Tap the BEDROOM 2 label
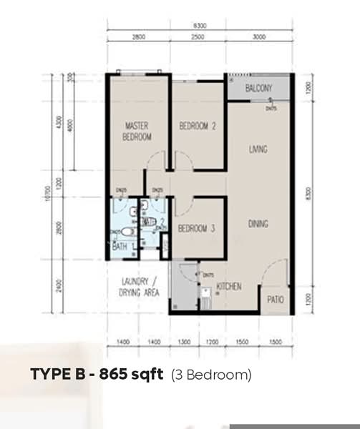pyautogui.click(x=197, y=127)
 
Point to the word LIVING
pyautogui.click(x=258, y=150)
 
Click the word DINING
pyautogui.click(x=258, y=224)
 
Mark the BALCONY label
pyautogui.click(x=258, y=89)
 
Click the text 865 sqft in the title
pyautogui.click(x=132, y=374)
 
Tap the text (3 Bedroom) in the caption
pyautogui.click(x=211, y=375)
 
